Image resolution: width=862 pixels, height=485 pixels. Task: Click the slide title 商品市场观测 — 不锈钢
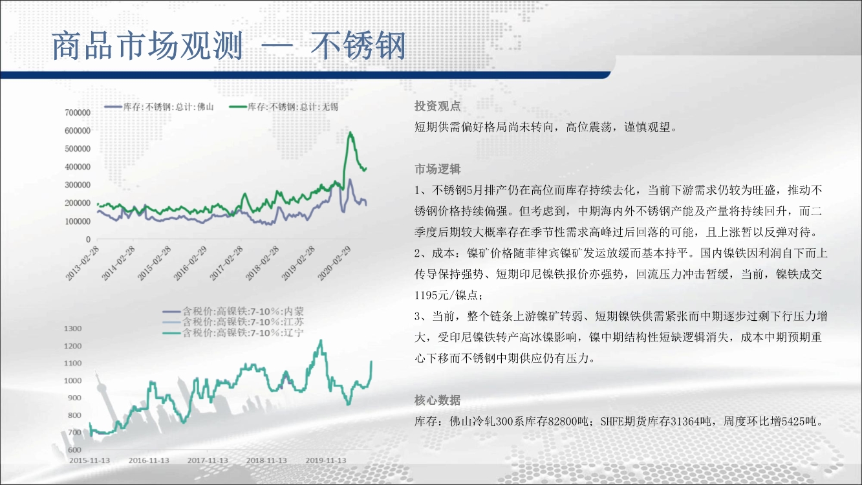[229, 46]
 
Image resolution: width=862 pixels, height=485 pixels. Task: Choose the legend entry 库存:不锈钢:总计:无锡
[284, 107]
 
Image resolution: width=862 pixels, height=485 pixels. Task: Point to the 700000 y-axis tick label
[78, 113]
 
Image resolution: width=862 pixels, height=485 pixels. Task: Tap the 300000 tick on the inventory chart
[78, 185]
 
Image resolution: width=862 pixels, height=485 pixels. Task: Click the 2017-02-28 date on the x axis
[227, 263]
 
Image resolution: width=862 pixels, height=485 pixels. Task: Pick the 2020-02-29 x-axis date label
[335, 263]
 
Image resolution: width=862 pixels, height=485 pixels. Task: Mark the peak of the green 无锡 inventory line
[350, 133]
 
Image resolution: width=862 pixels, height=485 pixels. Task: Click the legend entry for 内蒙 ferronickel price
[233, 311]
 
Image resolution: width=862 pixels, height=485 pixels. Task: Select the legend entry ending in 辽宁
[233, 332]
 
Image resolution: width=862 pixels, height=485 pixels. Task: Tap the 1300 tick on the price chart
[72, 329]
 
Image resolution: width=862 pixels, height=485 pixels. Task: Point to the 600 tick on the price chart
[74, 449]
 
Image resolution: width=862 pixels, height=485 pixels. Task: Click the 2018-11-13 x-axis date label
[266, 460]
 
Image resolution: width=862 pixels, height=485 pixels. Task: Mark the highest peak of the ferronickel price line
[321, 340]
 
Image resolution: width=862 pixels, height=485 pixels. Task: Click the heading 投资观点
[437, 106]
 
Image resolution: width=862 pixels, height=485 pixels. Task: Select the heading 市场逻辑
[437, 169]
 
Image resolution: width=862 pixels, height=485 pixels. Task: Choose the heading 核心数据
[437, 401]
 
